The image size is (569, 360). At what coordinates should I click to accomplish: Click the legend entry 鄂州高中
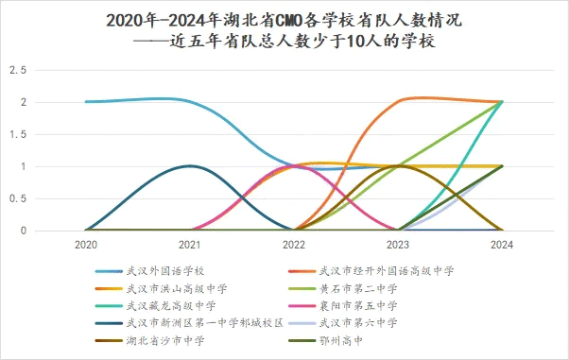[x=350, y=339]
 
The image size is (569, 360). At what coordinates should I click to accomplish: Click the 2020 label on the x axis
[x=86, y=245]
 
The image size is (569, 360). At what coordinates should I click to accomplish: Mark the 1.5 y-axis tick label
[x=15, y=134]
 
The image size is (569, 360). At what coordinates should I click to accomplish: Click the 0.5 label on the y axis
[x=15, y=198]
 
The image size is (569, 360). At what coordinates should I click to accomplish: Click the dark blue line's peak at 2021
[x=191, y=166]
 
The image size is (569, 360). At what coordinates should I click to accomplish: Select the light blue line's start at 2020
[x=86, y=102]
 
